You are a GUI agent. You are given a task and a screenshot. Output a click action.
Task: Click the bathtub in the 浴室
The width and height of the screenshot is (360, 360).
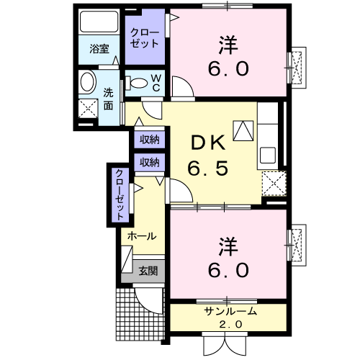(x=99, y=22)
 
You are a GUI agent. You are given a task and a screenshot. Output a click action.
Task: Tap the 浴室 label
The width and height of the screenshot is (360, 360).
(x=99, y=49)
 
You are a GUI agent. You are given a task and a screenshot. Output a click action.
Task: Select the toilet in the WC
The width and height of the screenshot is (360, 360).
(x=136, y=83)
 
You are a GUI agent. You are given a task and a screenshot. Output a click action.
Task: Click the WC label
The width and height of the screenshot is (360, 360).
(x=156, y=83)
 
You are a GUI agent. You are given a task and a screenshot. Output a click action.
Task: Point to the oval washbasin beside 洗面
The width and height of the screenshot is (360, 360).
(x=87, y=81)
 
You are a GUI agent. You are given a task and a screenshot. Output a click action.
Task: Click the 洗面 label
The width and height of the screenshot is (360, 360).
(x=108, y=99)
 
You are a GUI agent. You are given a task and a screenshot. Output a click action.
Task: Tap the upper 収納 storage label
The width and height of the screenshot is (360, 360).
(x=150, y=139)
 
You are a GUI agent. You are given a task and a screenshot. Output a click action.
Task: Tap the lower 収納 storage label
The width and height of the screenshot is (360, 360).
(x=150, y=163)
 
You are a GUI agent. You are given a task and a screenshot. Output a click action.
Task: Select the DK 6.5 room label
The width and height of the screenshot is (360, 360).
(x=208, y=156)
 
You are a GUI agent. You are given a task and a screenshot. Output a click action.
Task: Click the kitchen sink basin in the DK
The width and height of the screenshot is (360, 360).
(x=268, y=155)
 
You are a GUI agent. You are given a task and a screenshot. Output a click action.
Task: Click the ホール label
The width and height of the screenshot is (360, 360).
(x=142, y=236)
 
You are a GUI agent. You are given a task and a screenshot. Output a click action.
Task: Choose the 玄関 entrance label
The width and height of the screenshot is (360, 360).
(x=148, y=271)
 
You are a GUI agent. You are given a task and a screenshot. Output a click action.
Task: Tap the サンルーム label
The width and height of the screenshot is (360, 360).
(x=230, y=312)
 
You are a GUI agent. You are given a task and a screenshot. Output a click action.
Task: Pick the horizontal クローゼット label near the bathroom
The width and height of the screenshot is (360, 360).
(x=145, y=38)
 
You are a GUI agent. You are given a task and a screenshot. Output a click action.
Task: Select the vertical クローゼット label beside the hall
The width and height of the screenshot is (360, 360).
(x=120, y=194)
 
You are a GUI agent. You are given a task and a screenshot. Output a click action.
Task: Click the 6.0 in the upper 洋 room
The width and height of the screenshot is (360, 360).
(x=228, y=68)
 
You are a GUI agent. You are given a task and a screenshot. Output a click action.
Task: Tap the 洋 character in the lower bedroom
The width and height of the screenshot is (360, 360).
(x=228, y=246)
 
